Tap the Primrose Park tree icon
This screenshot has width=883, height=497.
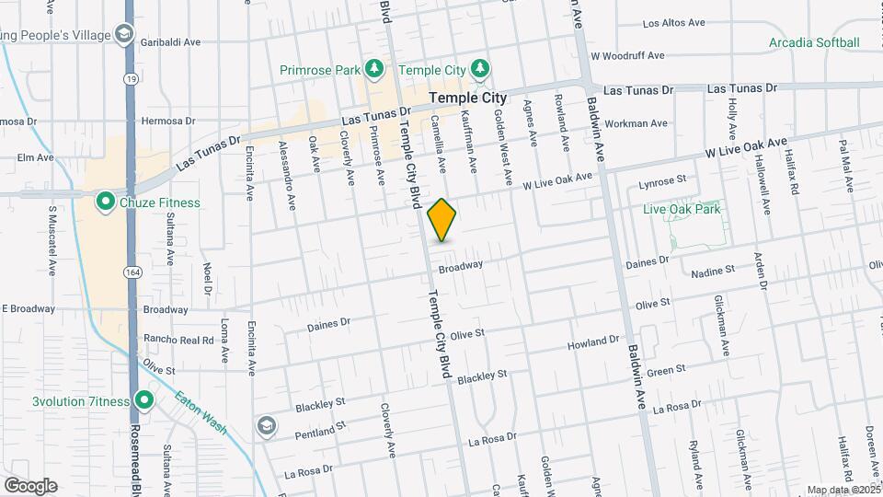(x=373, y=68)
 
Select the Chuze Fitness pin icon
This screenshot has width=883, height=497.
(x=106, y=200)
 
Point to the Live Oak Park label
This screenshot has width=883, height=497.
(x=682, y=209)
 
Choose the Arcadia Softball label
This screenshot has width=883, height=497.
(x=814, y=42)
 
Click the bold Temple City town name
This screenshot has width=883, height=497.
(x=468, y=98)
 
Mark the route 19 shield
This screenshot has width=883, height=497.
(x=133, y=79)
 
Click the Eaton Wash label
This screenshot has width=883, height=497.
(x=201, y=411)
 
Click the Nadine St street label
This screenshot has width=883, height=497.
(x=713, y=272)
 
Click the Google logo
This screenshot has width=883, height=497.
(x=30, y=485)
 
